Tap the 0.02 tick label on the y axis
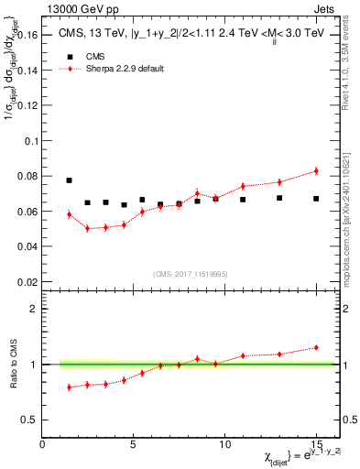[27, 281]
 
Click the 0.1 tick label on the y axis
[33, 141]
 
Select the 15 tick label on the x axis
[315, 444]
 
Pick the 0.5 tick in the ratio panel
[30, 420]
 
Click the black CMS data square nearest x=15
[316, 199]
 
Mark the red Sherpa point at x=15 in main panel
[316, 170]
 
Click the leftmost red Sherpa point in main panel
[69, 214]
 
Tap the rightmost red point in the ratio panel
[316, 347]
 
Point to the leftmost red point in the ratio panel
[69, 387]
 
